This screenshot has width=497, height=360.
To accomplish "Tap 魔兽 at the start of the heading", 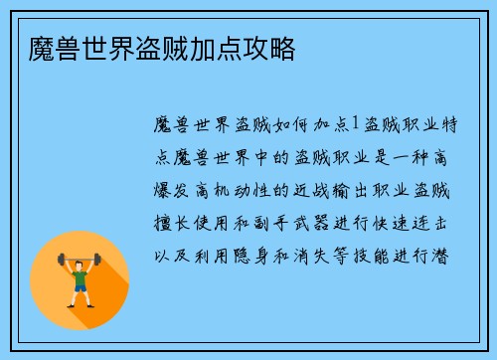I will click(x=43, y=49).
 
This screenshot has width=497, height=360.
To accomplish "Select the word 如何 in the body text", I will click(x=271, y=123).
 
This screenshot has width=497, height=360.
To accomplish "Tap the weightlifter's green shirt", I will click(x=80, y=279).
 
